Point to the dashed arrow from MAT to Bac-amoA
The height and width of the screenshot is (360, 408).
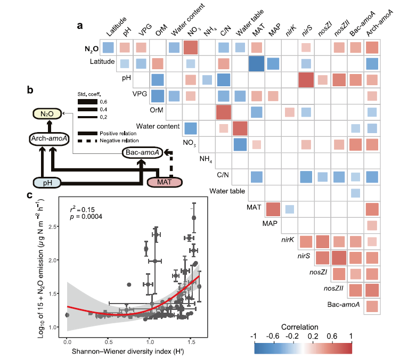point(170,165)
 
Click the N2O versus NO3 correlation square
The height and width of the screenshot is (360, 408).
point(190,47)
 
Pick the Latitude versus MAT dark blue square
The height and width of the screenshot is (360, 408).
point(257,64)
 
